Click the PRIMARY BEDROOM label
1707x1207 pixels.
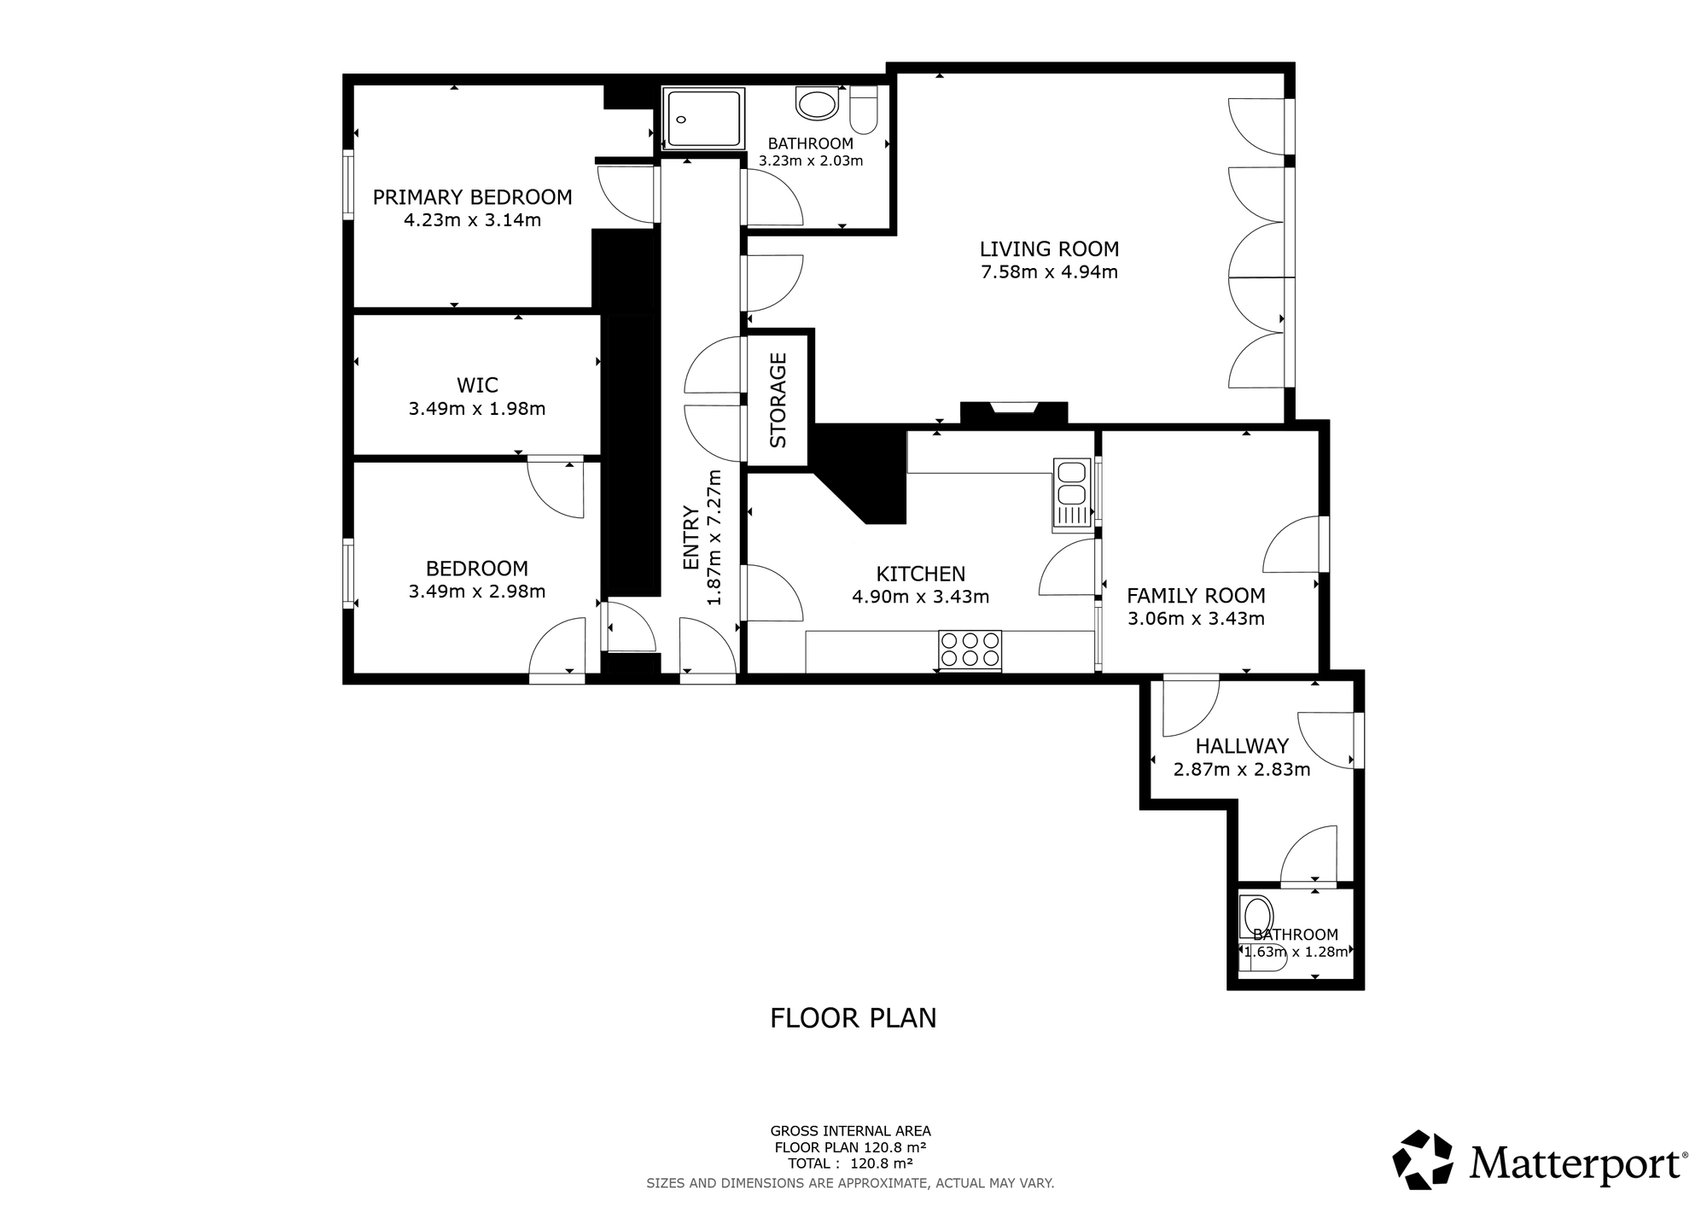[x=472, y=197]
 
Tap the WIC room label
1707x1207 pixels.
[x=477, y=386]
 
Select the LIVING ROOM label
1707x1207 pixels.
[x=1049, y=249]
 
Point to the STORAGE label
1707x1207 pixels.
[x=778, y=400]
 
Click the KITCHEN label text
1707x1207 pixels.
[x=921, y=574]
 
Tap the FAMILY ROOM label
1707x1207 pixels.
[x=1196, y=596]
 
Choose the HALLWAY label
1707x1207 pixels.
[x=1242, y=747]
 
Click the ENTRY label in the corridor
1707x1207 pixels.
[x=690, y=538]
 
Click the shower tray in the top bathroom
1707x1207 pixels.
[x=704, y=119]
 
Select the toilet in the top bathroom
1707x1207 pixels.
[x=864, y=110]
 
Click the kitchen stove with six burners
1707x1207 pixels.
[x=970, y=650]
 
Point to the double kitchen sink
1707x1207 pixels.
[x=1073, y=495]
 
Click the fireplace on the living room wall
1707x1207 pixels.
[x=1014, y=412]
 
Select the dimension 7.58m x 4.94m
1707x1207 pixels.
[x=1050, y=273]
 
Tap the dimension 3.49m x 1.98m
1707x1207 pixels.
[x=477, y=409]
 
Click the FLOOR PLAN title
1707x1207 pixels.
[x=853, y=1018]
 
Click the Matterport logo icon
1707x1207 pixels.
[x=1423, y=1159]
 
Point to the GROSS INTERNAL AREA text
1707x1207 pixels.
[x=851, y=1132]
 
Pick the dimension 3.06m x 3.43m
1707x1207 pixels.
[x=1196, y=619]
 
